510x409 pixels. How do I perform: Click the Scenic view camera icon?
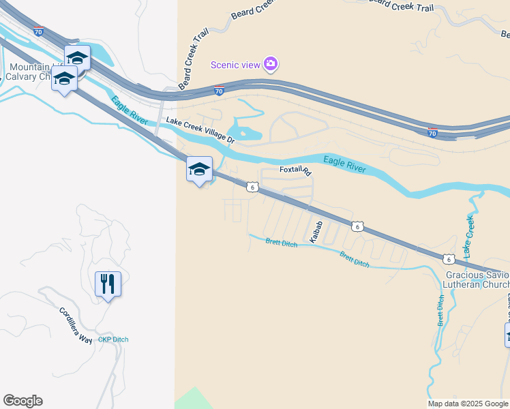tap(271, 64)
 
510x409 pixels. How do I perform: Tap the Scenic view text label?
tap(235, 65)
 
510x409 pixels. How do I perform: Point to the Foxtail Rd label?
tap(295, 171)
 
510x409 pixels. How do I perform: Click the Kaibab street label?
tap(316, 232)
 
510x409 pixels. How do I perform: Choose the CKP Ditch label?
tap(113, 339)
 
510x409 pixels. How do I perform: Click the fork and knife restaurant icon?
tap(108, 284)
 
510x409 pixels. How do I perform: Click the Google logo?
tap(22, 401)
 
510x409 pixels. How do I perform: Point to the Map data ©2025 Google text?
tap(467, 404)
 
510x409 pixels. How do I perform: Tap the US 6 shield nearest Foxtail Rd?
tap(252, 187)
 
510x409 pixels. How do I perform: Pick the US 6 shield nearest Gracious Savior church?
tap(447, 258)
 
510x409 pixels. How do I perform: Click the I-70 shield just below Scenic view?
tap(219, 91)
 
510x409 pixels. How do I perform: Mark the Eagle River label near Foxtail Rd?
tap(344, 164)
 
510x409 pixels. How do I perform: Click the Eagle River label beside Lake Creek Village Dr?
tap(130, 110)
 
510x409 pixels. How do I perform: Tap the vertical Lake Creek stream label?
tap(468, 236)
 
